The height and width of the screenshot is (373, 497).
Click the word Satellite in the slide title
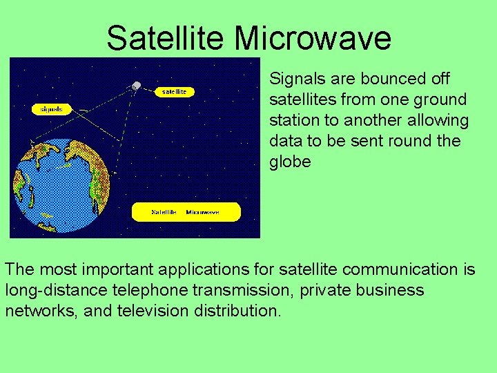click(x=168, y=38)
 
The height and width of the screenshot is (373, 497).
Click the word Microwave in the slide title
click(x=313, y=38)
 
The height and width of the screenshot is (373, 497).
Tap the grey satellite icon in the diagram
click(x=136, y=86)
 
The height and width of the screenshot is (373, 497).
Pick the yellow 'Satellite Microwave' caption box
click(x=186, y=212)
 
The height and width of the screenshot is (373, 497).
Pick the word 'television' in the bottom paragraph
click(x=152, y=311)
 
